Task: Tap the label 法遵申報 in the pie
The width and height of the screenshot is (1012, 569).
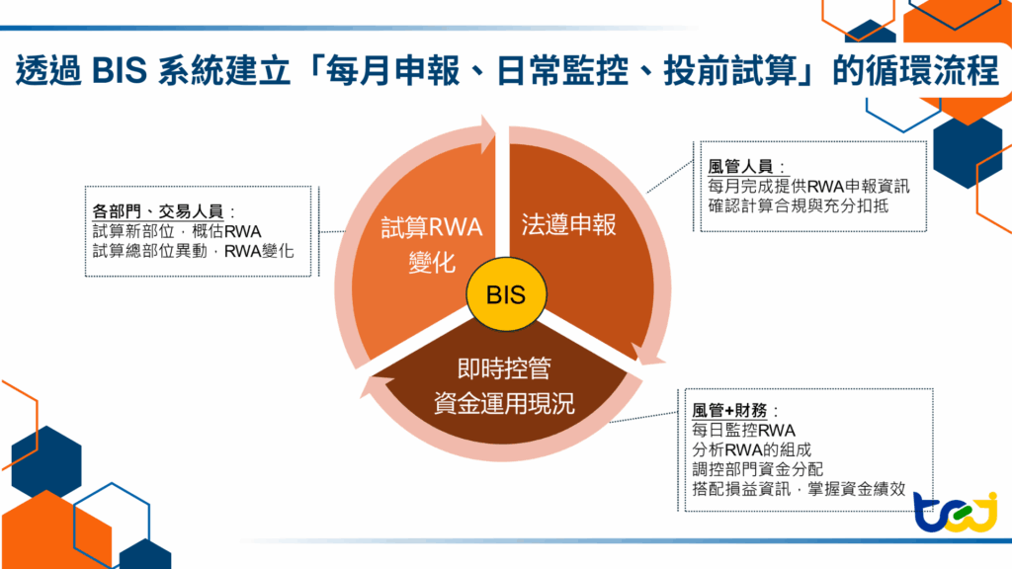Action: (x=568, y=225)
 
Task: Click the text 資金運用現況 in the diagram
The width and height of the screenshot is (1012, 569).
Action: (x=504, y=402)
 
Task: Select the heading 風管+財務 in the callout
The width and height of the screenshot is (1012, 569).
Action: (x=733, y=409)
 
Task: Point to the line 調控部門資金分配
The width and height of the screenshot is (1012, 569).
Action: (x=758, y=468)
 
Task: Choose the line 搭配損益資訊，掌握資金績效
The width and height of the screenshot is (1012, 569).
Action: (x=800, y=488)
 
